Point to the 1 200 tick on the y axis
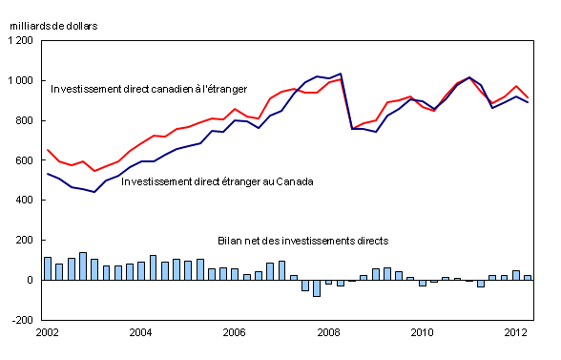(x=20, y=41)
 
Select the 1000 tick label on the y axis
(x=20, y=80)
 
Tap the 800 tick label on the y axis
(x=24, y=120)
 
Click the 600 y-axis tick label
(x=24, y=160)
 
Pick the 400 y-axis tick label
(x=24, y=201)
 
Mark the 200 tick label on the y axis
(x=24, y=241)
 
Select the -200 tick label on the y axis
(x=22, y=321)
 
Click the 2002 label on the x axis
(x=48, y=333)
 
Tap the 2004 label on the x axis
(x=141, y=333)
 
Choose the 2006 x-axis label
(x=235, y=333)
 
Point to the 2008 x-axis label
(x=329, y=333)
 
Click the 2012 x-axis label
(x=516, y=333)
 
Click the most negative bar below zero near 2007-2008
(x=317, y=288)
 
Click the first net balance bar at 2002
(x=48, y=268)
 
